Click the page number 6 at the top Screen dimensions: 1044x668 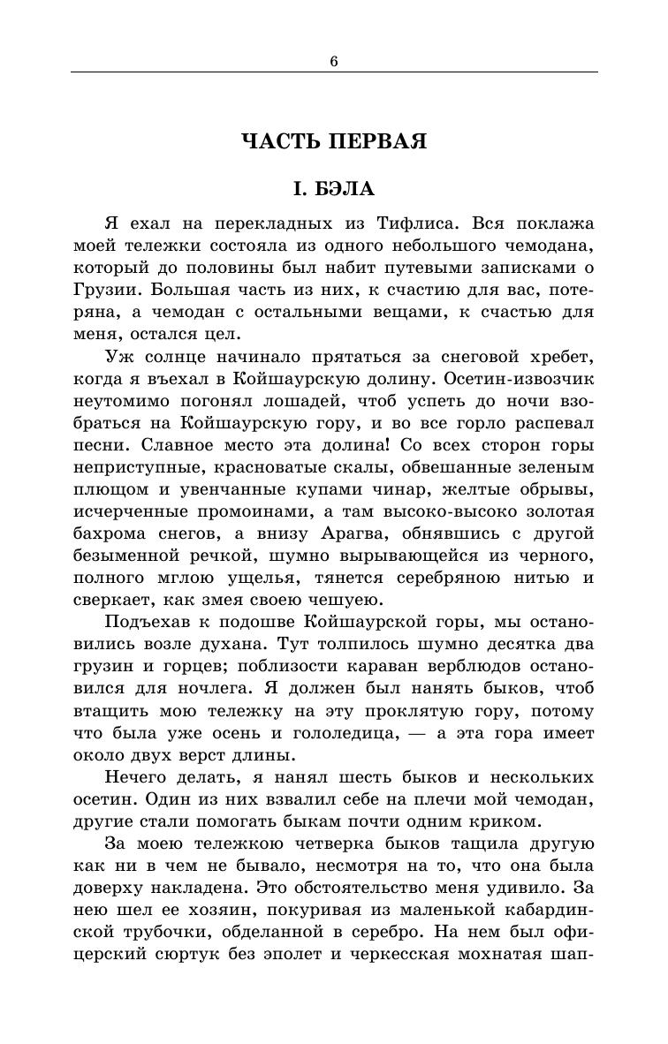tap(334, 61)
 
